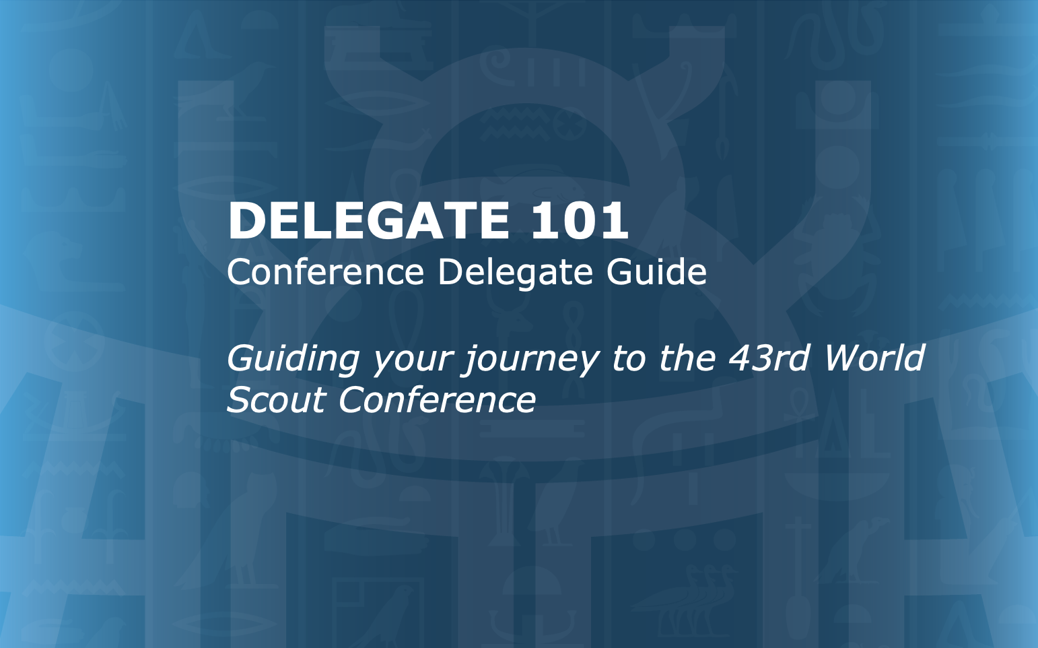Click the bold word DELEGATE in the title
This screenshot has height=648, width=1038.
coord(369,220)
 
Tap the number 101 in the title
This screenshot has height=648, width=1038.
coord(580,220)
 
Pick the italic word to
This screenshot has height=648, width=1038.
coord(629,358)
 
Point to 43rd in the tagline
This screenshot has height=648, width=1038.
coord(768,358)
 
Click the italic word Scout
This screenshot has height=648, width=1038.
coord(275,399)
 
